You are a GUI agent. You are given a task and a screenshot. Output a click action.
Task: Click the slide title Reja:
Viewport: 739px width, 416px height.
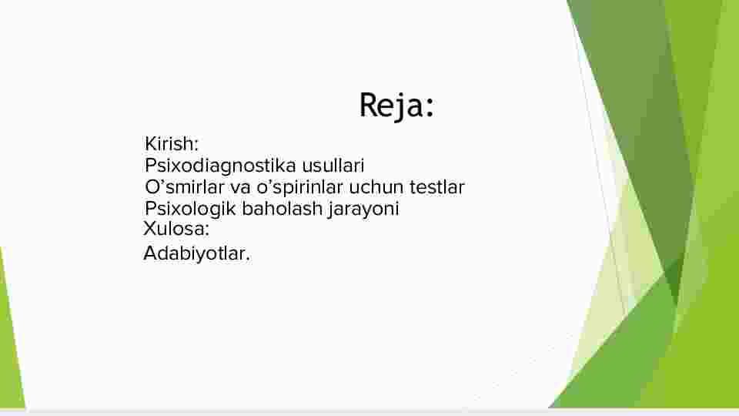click(396, 106)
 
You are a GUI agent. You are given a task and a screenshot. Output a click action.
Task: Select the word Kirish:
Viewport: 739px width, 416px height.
click(172, 144)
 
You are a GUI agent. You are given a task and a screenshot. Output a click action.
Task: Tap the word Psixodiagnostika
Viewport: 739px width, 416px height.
click(220, 166)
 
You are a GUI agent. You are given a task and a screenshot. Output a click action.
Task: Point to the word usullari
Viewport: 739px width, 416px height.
click(333, 166)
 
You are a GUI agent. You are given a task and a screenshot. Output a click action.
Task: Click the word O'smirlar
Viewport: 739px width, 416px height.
click(184, 187)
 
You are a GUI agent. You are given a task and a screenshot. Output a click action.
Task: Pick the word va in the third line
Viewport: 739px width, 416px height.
click(240, 188)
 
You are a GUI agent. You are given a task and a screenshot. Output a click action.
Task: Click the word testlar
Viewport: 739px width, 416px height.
click(437, 187)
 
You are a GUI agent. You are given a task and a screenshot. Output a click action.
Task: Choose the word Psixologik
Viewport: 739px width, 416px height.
click(190, 209)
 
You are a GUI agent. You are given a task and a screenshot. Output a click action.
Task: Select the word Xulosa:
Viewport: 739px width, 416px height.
click(176, 229)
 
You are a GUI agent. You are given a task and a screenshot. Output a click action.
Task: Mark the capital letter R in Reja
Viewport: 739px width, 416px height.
click(369, 104)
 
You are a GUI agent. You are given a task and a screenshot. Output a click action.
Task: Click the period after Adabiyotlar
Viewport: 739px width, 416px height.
click(248, 260)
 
